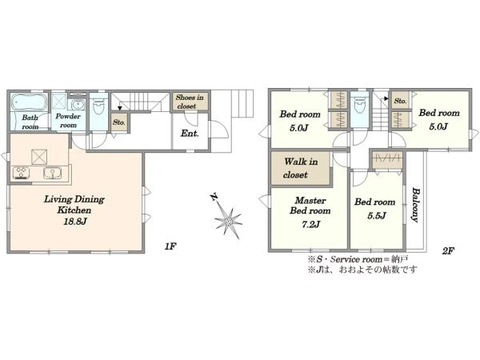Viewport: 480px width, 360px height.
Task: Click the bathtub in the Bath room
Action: pos(30,102)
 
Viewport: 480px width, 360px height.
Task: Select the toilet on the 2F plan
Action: pos(360,105)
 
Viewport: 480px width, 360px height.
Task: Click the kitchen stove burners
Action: pos(21,173)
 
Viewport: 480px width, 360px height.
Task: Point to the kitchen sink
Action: pos(52,173)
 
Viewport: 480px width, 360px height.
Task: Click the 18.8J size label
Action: pos(75,222)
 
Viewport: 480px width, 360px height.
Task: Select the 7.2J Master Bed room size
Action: pos(310,224)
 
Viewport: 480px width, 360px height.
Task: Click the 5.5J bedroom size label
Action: pos(377,216)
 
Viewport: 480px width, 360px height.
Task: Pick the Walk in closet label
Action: pos(300,168)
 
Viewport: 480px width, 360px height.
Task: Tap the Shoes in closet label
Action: pos(190,102)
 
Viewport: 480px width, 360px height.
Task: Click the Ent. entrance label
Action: pos(190,133)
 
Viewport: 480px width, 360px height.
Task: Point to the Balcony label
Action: pos(415,205)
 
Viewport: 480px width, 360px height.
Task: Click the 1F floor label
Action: pos(170,246)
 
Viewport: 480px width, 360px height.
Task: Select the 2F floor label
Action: pos(447,251)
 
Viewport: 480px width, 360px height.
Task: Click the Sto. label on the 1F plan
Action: pos(118,122)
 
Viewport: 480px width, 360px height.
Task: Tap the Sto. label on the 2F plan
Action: pos(400,101)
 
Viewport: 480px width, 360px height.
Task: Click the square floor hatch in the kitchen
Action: pos(39,157)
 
